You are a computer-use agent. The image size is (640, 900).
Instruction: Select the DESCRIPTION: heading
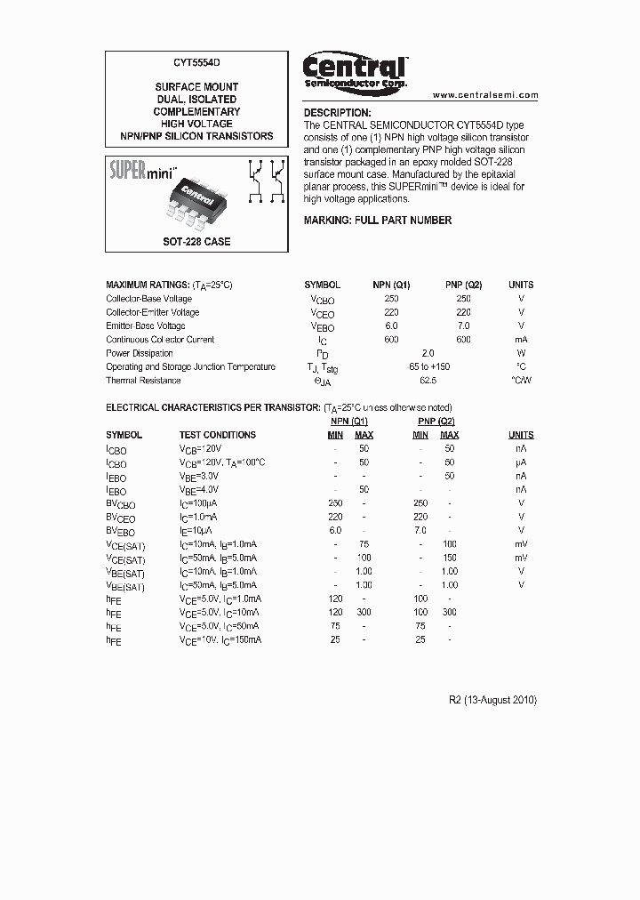tap(337, 113)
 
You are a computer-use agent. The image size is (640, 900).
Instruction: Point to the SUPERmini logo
tap(143, 169)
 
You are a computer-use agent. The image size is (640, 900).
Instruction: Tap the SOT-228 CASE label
tap(196, 242)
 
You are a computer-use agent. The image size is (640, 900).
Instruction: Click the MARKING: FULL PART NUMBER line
tap(378, 221)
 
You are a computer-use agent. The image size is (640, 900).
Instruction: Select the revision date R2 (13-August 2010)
tap(493, 700)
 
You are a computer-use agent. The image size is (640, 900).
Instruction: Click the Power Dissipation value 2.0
tap(428, 353)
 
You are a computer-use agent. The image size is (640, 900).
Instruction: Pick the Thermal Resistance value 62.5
tap(428, 381)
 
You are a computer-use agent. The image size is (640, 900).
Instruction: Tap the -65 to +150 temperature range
tap(428, 366)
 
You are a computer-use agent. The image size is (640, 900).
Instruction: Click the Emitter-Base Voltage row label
tap(146, 325)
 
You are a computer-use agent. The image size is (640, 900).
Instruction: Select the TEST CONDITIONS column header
tap(218, 435)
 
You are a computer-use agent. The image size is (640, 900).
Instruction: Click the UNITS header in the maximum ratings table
tap(521, 285)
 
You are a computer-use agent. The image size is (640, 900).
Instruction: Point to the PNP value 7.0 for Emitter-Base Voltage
tap(463, 325)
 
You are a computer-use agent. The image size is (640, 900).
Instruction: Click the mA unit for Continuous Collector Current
tap(521, 340)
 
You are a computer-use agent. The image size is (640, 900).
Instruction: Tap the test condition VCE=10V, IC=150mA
tap(220, 640)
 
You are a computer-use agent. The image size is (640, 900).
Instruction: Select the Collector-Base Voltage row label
tap(148, 299)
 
